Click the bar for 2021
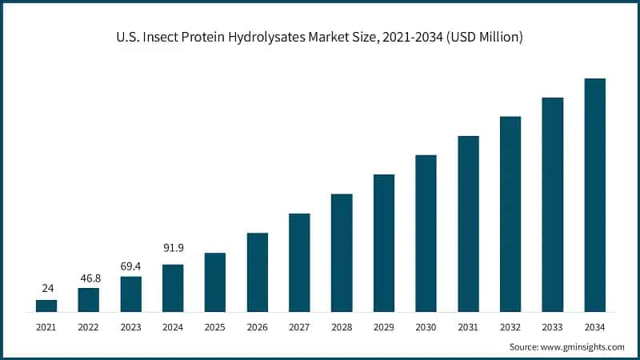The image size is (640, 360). click(46, 306)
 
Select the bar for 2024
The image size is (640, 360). click(173, 288)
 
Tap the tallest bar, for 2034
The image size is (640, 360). click(594, 195)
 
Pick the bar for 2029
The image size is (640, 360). click(384, 243)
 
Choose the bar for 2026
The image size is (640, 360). click(258, 272)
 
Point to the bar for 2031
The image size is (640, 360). click(468, 224)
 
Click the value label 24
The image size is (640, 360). click(46, 288)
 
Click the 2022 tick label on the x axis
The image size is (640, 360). click(89, 326)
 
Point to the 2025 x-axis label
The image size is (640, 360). click(215, 326)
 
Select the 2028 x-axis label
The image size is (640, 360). click(342, 326)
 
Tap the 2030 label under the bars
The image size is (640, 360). click(426, 326)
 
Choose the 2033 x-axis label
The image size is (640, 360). click(552, 326)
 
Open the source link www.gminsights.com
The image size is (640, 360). click(584, 346)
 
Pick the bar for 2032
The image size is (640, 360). click(510, 214)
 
